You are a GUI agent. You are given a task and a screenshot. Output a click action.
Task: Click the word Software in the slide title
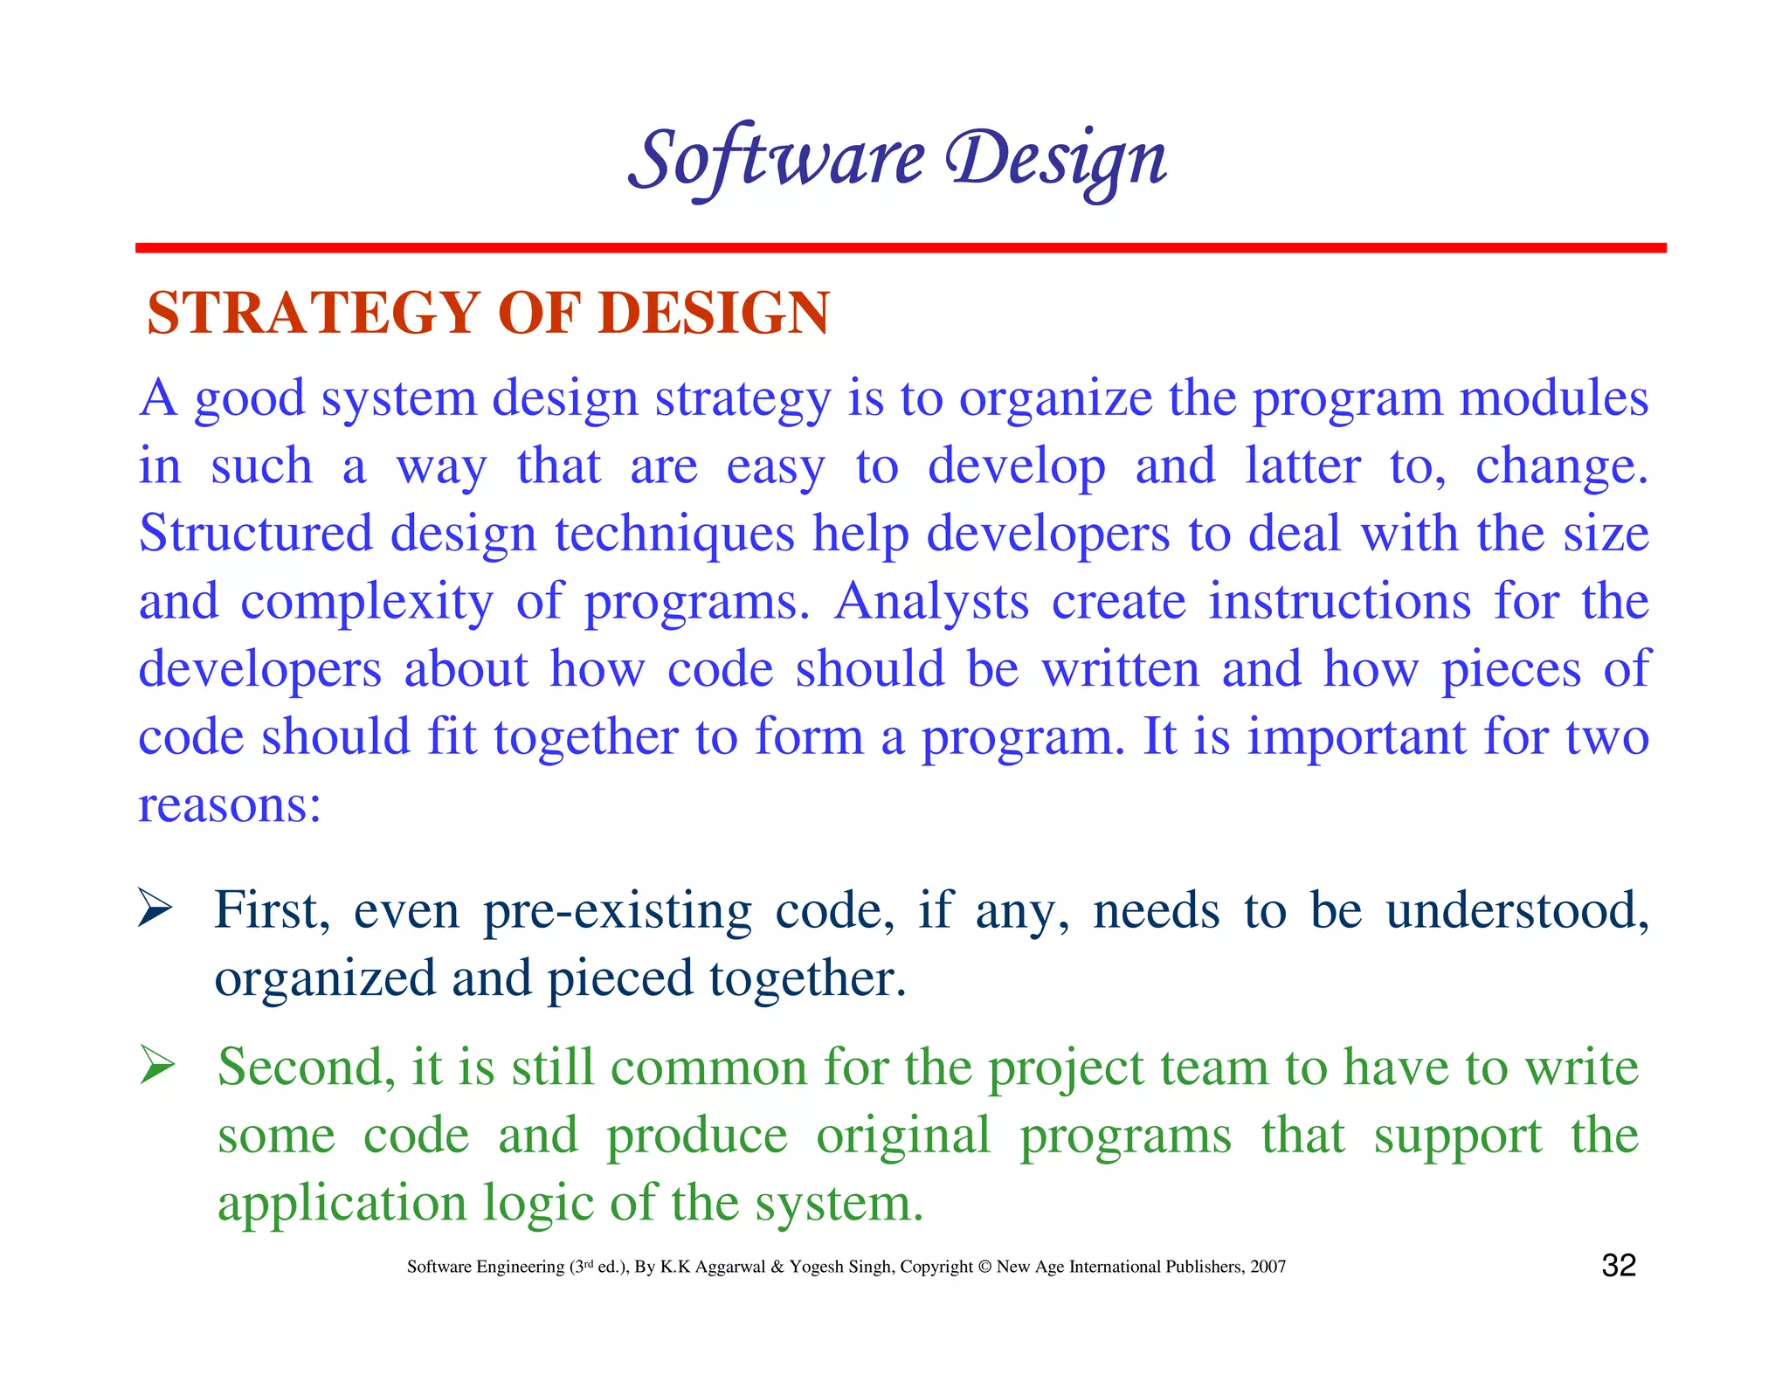(776, 159)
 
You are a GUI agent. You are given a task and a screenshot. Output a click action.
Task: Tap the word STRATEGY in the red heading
(313, 313)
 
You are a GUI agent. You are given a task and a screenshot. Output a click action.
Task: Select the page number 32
(1618, 1266)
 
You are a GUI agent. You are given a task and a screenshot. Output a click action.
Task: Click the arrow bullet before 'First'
(155, 909)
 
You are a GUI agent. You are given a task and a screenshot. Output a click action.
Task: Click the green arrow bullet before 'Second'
(157, 1067)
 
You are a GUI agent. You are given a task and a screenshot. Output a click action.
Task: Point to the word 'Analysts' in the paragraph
(931, 602)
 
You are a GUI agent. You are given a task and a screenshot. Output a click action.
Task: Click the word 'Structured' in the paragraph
(254, 534)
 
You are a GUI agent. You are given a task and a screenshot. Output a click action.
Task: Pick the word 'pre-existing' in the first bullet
(617, 911)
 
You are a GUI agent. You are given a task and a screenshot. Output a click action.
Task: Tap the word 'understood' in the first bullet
(1516, 911)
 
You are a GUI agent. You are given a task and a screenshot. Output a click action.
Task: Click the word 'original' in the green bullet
(903, 1136)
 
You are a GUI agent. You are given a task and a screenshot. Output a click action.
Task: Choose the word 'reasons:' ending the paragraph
(230, 805)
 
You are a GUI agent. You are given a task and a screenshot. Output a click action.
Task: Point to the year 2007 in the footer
(1267, 1267)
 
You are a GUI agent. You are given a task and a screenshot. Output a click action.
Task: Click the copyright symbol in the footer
(984, 1267)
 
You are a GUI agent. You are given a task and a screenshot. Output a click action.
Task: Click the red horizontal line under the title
(900, 248)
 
